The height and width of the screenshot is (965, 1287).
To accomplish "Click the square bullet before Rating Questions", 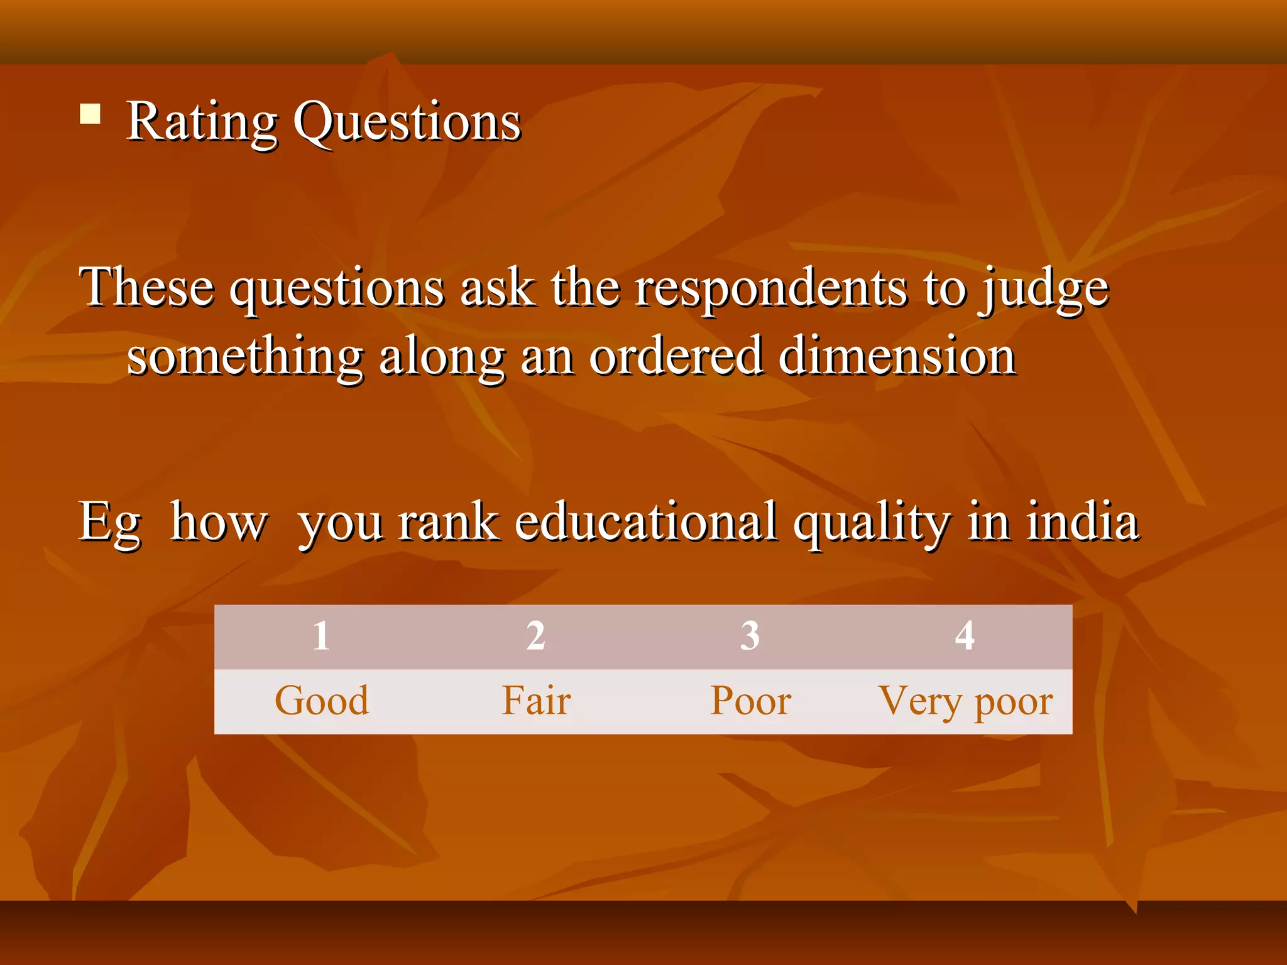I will [90, 114].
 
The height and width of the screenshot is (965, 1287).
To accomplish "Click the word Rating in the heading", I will [202, 122].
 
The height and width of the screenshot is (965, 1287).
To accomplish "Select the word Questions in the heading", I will [407, 122].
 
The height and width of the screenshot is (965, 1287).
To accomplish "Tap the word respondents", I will [771, 290].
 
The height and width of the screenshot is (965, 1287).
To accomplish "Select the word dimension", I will [897, 356].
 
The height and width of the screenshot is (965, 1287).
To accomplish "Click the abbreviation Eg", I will [110, 523].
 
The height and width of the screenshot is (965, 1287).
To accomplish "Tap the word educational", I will [645, 522].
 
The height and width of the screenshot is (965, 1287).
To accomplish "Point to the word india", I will [1082, 522].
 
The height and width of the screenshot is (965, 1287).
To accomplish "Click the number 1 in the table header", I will [321, 636].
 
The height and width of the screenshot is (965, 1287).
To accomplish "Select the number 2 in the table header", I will [535, 636].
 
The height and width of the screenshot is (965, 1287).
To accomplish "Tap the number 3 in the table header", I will [750, 636].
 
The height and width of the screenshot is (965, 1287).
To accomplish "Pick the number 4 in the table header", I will [965, 636].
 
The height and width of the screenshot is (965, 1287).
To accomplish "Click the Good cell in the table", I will [322, 701].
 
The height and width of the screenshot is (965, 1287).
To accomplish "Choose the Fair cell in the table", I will [536, 701].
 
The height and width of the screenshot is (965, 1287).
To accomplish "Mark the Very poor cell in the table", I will [965, 702].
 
